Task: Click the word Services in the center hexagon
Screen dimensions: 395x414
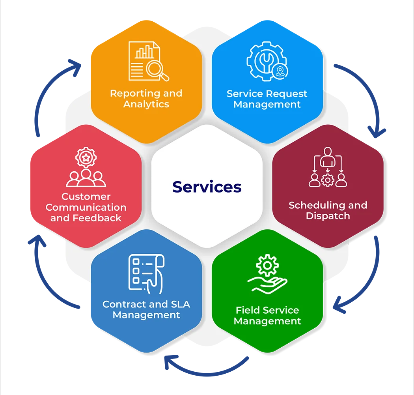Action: (x=207, y=187)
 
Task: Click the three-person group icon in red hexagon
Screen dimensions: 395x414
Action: (x=86, y=178)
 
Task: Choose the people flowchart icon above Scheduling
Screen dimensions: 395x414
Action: (x=327, y=167)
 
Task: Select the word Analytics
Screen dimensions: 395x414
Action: (x=146, y=104)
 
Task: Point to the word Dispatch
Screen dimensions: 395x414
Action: (x=328, y=216)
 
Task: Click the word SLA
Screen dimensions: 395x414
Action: (x=180, y=304)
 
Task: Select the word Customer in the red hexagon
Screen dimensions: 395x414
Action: (x=86, y=197)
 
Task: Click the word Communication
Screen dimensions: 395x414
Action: (x=86, y=207)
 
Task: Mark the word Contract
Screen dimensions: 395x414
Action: (x=124, y=304)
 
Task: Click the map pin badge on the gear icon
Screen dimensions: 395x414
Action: (x=280, y=71)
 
